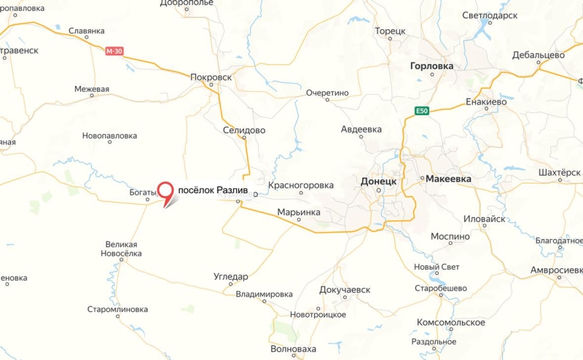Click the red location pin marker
[167, 192]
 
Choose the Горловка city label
[431, 66]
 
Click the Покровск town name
[210, 76]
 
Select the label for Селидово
[244, 130]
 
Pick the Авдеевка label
[361, 130]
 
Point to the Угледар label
[231, 277]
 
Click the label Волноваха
[293, 349]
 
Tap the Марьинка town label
[299, 213]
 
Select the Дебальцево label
[539, 55]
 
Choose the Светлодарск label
[490, 15]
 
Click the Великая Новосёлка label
[121, 249]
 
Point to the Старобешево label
[440, 288]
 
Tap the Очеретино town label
[328, 93]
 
